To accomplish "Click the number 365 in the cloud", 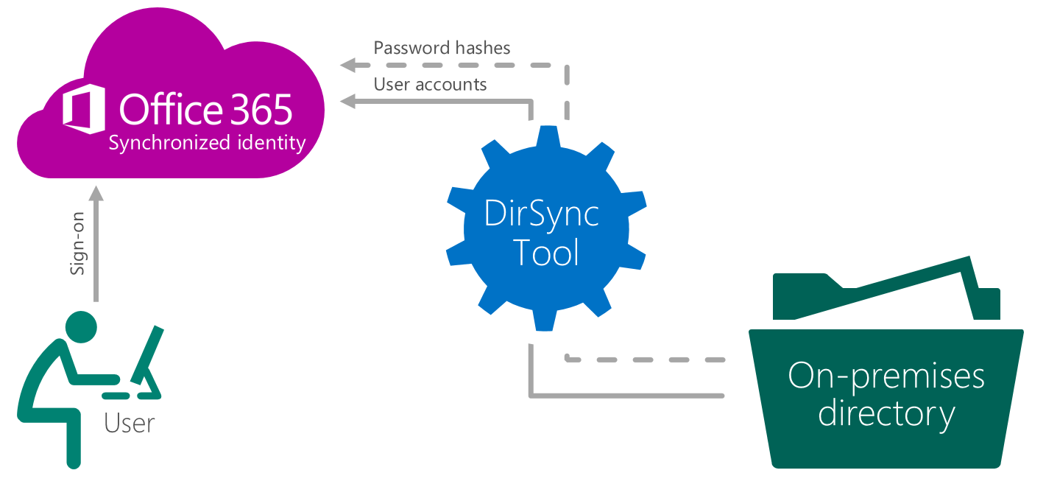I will [262, 109].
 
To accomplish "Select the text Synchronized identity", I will [207, 143].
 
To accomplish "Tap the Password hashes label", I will [442, 48].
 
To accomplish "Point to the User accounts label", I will [430, 85].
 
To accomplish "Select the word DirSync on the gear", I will [541, 214].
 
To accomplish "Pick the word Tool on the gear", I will [545, 252].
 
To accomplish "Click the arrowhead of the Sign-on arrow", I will [96, 193].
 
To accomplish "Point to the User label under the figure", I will [130, 424].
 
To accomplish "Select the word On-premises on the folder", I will [886, 376].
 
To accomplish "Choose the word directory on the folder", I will [886, 414].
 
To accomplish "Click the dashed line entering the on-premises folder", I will [648, 360].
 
